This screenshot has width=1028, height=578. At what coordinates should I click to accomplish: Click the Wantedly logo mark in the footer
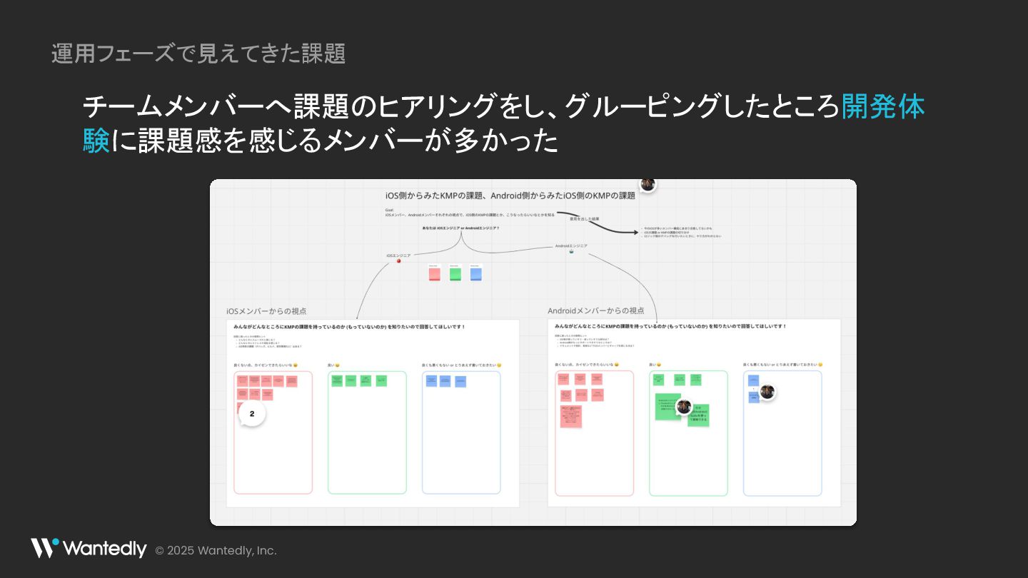pos(44,548)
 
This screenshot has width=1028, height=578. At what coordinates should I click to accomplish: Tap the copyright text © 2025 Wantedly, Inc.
pos(216,550)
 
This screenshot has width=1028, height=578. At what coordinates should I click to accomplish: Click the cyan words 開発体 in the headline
pos(882,107)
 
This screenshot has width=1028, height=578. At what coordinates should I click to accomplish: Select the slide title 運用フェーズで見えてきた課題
pos(198,54)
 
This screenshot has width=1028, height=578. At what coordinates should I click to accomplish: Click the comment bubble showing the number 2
pos(251,413)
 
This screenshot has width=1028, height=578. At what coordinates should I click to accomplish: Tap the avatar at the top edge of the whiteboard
pos(647,184)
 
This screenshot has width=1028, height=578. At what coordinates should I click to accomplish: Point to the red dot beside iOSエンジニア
pos(398,261)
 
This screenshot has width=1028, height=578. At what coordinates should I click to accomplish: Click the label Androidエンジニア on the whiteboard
pos(571,245)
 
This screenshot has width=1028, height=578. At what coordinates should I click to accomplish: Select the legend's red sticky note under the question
pos(434,273)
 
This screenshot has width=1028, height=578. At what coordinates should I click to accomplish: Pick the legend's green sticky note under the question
pos(455,273)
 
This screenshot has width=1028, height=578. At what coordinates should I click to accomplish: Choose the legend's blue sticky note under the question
pos(476,273)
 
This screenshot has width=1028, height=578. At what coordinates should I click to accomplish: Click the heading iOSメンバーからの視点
pos(266,311)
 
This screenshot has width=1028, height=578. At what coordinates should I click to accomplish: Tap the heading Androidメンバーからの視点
pos(595,310)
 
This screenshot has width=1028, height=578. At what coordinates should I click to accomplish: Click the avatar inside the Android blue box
pos(767,391)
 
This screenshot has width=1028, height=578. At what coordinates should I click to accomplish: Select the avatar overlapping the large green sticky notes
pos(684,406)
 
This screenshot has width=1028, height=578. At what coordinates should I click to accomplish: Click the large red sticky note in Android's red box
pos(571,416)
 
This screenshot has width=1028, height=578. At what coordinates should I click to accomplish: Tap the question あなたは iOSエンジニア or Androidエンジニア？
pos(460,228)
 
